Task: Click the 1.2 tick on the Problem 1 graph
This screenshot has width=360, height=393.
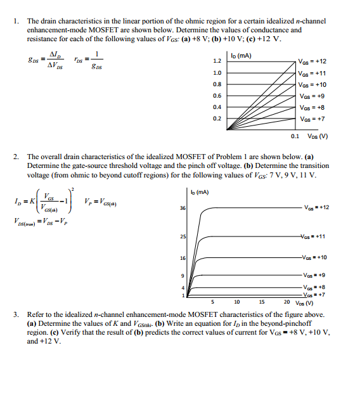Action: pyautogui.click(x=217, y=61)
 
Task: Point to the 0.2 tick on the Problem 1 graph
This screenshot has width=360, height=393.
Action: pyautogui.click(x=217, y=118)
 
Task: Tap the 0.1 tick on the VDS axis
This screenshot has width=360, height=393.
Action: pyautogui.click(x=295, y=136)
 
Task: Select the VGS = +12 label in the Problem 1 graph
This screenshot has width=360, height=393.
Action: pyautogui.click(x=312, y=61)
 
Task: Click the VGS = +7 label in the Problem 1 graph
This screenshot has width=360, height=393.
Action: pyautogui.click(x=312, y=118)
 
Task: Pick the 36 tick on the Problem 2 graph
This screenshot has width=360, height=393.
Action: pyautogui.click(x=183, y=209)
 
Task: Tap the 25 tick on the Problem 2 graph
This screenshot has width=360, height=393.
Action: pyautogui.click(x=183, y=236)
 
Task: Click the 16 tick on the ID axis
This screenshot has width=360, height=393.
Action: pyautogui.click(x=183, y=259)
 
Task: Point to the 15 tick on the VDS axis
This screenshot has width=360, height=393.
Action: pyautogui.click(x=261, y=302)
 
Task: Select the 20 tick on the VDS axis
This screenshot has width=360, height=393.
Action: pyautogui.click(x=287, y=302)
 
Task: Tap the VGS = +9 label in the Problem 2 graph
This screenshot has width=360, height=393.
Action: pyautogui.click(x=314, y=275)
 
